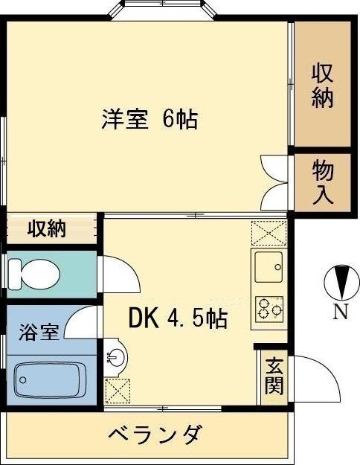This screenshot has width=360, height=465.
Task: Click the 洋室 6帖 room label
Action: pos(150,119)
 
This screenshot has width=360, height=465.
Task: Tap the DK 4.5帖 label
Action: pos(178,319)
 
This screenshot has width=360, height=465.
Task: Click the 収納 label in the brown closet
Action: pos(322,86)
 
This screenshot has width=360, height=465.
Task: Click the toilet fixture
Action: pos(33,273)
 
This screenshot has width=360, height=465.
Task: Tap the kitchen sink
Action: pos(269,263)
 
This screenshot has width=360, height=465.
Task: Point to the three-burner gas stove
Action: pos(269,307)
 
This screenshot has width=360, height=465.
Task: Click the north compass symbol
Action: pos(338,283)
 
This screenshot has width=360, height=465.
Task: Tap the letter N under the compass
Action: pos(339,312)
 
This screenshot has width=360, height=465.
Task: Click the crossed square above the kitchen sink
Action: pos(269,234)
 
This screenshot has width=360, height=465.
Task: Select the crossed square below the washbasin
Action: pos(117,389)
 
